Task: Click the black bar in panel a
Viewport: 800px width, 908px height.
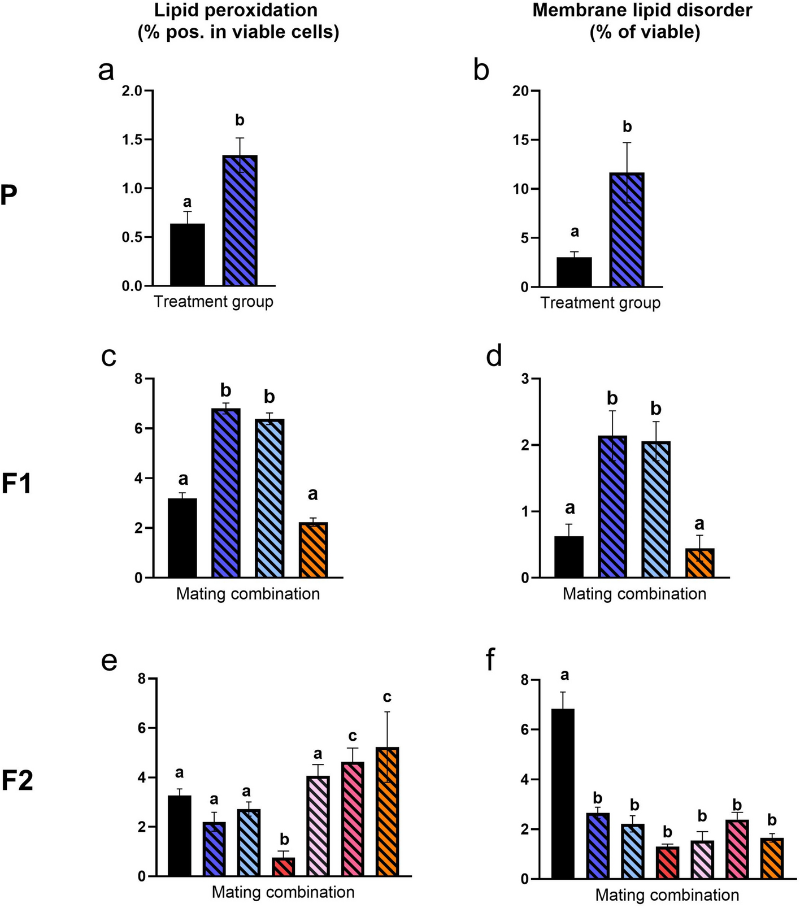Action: [x=187, y=255]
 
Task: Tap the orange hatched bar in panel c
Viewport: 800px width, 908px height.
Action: [x=313, y=550]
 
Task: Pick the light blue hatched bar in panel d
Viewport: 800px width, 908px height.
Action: [x=656, y=509]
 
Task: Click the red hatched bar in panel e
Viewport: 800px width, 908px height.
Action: [x=284, y=867]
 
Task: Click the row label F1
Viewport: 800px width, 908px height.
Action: [x=16, y=485]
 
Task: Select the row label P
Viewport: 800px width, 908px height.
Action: [x=9, y=196]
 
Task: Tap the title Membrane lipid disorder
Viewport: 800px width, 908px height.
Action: [x=642, y=10]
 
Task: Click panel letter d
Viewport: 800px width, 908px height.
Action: [x=494, y=357]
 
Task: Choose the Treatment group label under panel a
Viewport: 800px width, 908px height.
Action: [x=214, y=302]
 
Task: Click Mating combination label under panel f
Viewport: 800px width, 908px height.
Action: [x=667, y=895]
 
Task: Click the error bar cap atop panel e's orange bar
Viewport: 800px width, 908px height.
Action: [x=388, y=712]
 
